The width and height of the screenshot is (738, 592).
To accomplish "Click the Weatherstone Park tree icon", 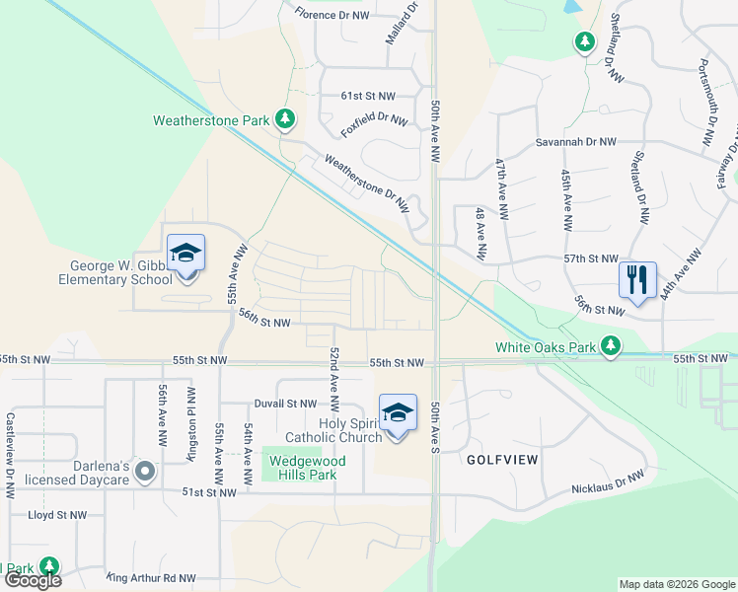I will pyautogui.click(x=285, y=119).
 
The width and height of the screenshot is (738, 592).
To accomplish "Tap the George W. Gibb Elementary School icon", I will pyautogui.click(x=185, y=255).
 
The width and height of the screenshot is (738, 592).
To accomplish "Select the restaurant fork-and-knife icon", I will pyautogui.click(x=637, y=279).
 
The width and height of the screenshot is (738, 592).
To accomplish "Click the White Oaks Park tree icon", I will pyautogui.click(x=613, y=346).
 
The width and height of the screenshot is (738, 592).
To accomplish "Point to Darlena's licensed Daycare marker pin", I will pyautogui.click(x=145, y=472).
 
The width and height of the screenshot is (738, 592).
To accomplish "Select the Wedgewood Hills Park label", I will pyautogui.click(x=302, y=467).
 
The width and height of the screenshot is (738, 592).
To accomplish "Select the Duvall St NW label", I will pyautogui.click(x=284, y=404).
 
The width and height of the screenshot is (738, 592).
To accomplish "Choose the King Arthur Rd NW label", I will pyautogui.click(x=150, y=579).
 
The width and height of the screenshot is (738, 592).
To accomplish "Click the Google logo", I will pyautogui.click(x=33, y=580).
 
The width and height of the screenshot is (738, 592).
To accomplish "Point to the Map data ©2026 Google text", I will pyautogui.click(x=676, y=584).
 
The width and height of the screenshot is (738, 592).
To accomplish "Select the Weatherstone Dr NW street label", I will pyautogui.click(x=366, y=185).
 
